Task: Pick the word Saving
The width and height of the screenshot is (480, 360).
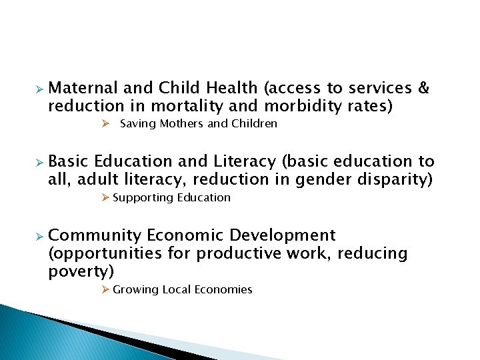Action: (137, 123)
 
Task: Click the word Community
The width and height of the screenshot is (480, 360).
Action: (95, 235)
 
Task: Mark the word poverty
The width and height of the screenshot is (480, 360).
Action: (80, 271)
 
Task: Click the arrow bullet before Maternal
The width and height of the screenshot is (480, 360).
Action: (39, 89)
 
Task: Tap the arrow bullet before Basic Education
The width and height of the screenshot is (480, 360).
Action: (39, 162)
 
